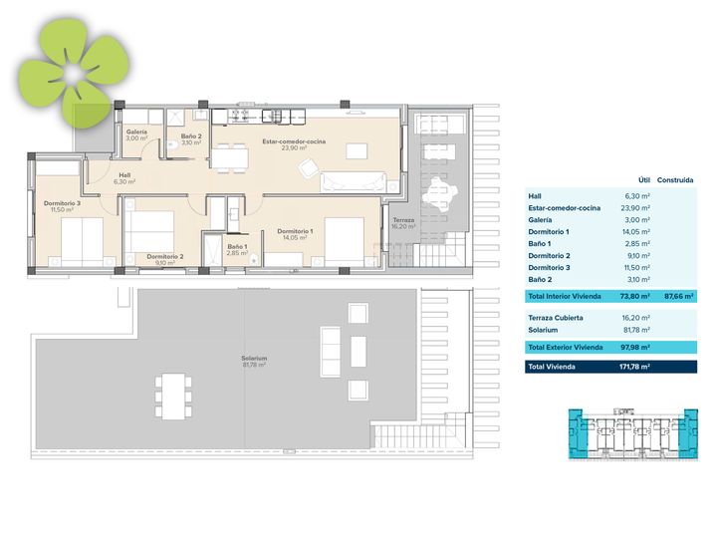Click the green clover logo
[x=74, y=73]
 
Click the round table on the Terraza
[x=440, y=194]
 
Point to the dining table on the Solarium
[x=173, y=397]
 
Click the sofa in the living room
[x=353, y=182]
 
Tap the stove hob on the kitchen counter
[x=239, y=116]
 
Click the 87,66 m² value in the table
[x=679, y=297]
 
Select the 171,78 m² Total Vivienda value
[x=634, y=367]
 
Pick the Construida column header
[x=675, y=180]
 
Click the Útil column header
[x=644, y=180]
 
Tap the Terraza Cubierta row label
[x=556, y=318]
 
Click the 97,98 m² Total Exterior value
[x=635, y=348]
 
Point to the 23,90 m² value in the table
[x=635, y=208]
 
